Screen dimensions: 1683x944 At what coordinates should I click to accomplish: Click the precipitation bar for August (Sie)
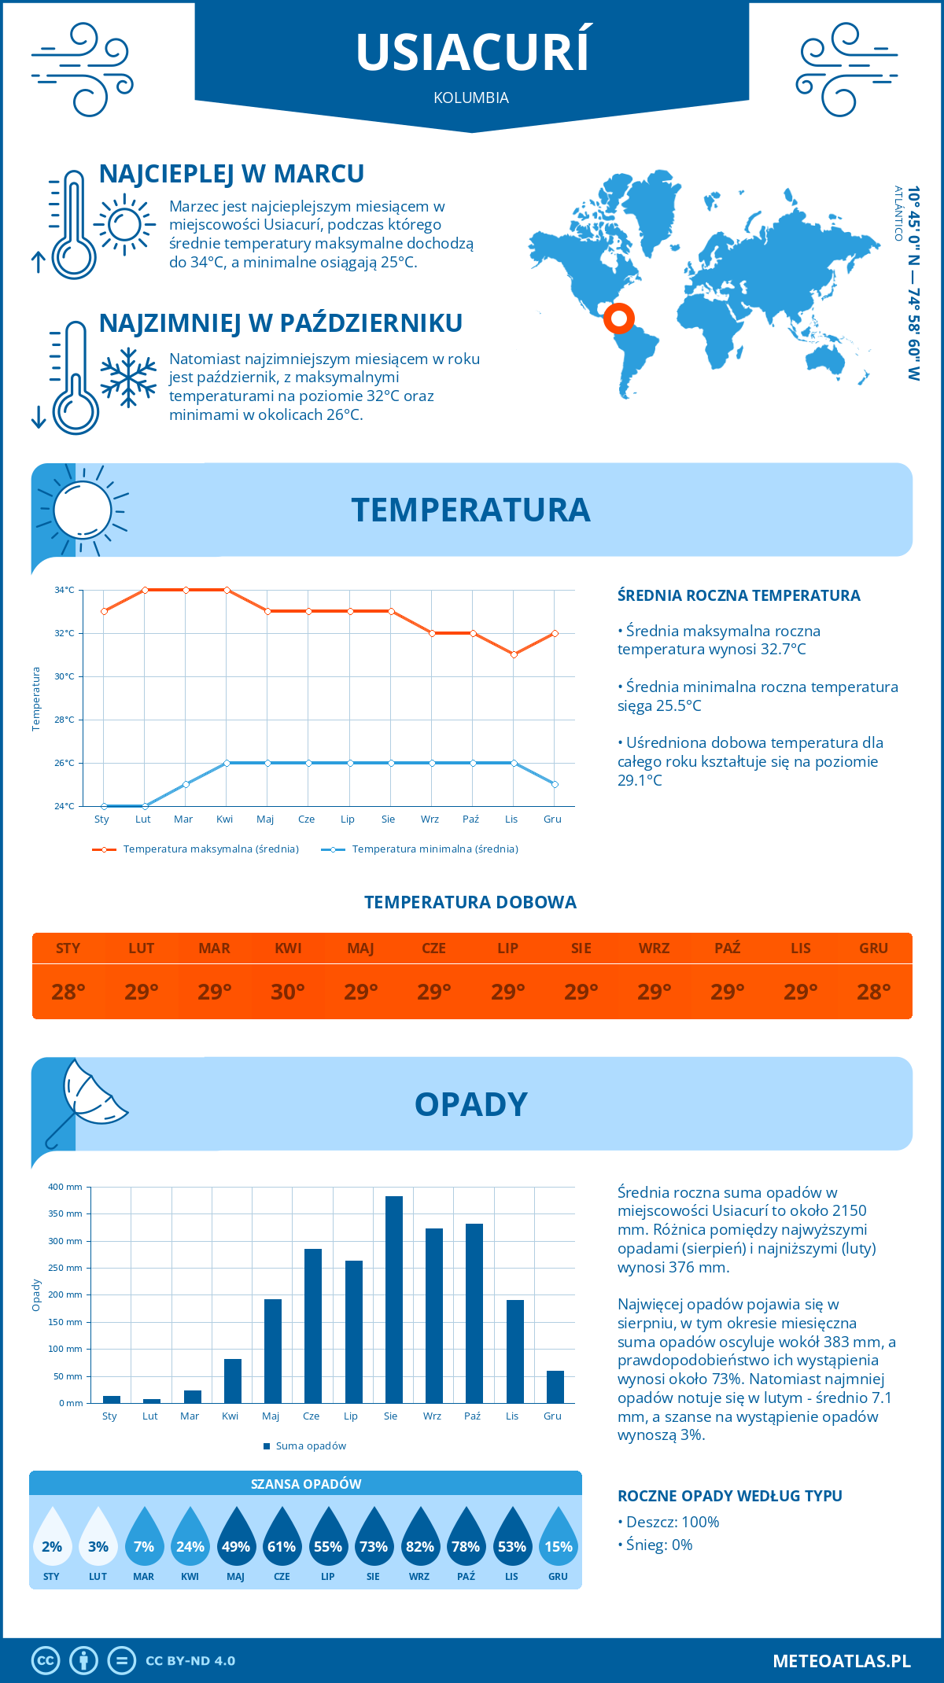coord(394,1299)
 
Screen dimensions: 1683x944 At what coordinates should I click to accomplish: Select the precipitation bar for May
coord(273,1351)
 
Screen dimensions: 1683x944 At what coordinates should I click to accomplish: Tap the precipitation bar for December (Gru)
coord(555,1387)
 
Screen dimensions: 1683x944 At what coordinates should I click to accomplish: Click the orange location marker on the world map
coord(619,319)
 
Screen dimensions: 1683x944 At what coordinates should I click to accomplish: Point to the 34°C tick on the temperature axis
coord(65,590)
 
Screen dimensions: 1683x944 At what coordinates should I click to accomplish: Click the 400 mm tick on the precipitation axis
coord(65,1187)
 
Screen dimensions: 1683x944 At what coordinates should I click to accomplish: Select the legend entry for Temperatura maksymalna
coord(196,849)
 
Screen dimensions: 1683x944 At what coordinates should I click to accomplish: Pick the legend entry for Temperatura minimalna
coord(420,849)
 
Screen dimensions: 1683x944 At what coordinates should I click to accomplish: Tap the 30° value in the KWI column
coord(288,992)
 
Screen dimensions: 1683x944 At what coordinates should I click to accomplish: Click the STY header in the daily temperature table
coord(68,948)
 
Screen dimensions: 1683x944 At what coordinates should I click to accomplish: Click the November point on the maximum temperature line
coord(514,654)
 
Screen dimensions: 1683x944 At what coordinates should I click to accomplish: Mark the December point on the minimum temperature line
coord(555,784)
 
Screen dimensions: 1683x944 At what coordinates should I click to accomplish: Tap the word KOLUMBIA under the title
coord(471,98)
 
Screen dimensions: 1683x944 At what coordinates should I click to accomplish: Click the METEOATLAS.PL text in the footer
coord(842,1661)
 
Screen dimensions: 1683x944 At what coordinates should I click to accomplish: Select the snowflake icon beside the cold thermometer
coord(128,378)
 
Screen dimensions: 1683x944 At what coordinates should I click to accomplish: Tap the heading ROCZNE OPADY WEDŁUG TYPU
coord(729,1496)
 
